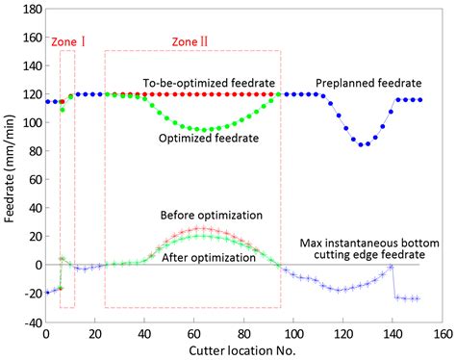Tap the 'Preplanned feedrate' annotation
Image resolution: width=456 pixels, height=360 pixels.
(357, 83)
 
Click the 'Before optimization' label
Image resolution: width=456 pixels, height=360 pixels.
(212, 216)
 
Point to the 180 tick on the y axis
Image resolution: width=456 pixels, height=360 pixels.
(29, 9)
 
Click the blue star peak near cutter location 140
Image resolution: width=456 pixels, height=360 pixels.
(391, 267)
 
